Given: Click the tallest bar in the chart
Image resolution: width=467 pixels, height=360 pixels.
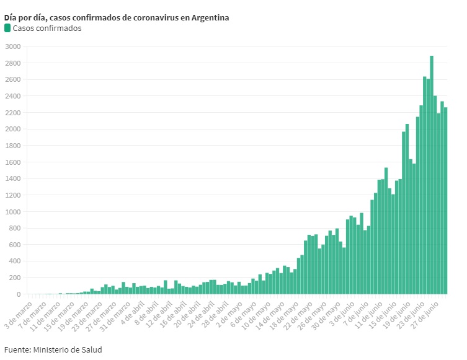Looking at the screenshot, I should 432,173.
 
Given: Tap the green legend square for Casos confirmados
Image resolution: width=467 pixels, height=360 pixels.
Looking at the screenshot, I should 7,28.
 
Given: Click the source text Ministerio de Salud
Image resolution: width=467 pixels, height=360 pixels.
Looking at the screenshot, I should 67,349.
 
